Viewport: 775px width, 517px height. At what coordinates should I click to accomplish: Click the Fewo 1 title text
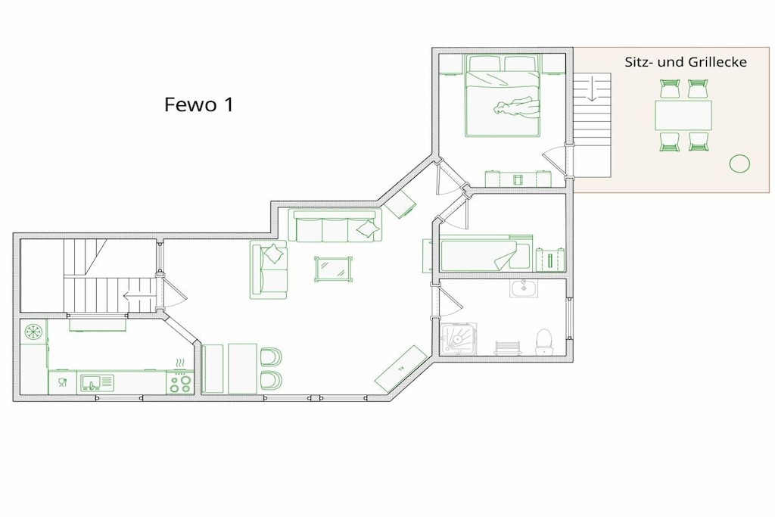pyautogui.click(x=198, y=104)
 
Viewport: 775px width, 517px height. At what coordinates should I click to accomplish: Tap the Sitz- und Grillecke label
pyautogui.click(x=686, y=62)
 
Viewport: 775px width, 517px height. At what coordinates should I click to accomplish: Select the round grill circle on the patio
pyautogui.click(x=739, y=164)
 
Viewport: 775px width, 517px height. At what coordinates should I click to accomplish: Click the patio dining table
pyautogui.click(x=683, y=115)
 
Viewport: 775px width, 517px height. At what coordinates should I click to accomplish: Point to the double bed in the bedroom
pyautogui.click(x=503, y=96)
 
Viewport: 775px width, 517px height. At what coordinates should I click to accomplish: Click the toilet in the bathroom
pyautogui.click(x=543, y=342)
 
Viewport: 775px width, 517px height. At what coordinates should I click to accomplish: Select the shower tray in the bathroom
pyautogui.click(x=459, y=339)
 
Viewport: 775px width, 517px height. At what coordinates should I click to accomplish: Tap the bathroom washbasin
pyautogui.click(x=524, y=288)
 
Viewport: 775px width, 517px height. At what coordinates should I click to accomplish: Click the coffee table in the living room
pyautogui.click(x=334, y=269)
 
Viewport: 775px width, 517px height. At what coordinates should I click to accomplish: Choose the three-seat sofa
pyautogui.click(x=335, y=226)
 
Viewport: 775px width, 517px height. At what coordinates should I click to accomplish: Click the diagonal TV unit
pyautogui.click(x=401, y=368)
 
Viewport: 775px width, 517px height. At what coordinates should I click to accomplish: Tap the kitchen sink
pyautogui.click(x=98, y=382)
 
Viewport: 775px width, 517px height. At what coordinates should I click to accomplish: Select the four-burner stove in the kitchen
pyautogui.click(x=180, y=384)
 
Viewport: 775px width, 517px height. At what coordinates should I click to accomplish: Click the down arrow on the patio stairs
pyautogui.click(x=592, y=89)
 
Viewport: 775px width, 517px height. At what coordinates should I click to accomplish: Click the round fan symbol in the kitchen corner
pyautogui.click(x=34, y=332)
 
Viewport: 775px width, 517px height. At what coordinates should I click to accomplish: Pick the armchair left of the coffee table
pyautogui.click(x=269, y=270)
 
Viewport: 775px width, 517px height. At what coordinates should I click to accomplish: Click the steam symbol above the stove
pyautogui.click(x=180, y=364)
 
